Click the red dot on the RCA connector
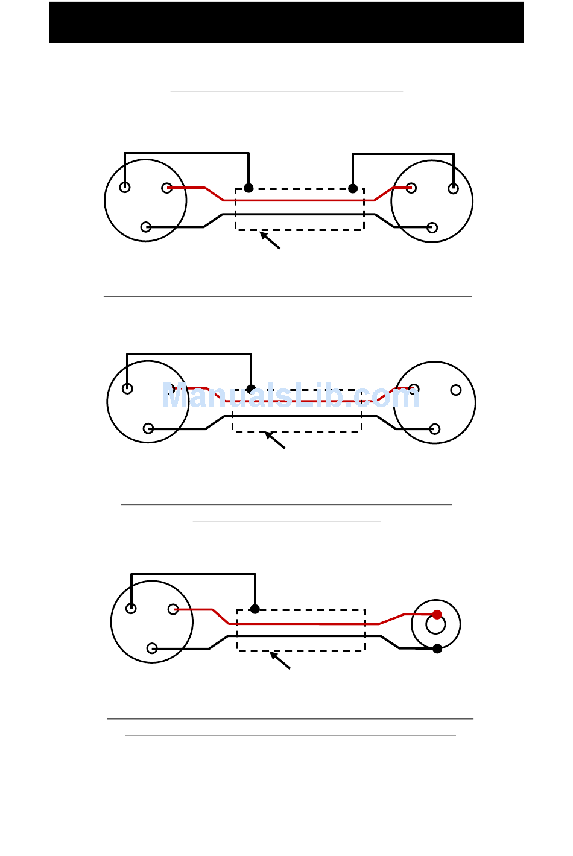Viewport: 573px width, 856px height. (437, 615)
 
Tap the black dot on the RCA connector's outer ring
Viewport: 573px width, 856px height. (437, 648)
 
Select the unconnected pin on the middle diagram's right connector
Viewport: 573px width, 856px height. (456, 390)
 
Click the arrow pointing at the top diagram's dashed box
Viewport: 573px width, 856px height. (270, 240)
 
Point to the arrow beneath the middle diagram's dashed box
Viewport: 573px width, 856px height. (275, 440)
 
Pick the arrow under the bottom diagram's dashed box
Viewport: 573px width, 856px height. (280, 660)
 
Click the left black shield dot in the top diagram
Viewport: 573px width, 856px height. (249, 188)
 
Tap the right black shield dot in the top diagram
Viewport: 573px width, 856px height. (353, 188)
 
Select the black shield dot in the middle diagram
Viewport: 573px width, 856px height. (251, 389)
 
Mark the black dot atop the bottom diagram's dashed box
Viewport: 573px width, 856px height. (255, 609)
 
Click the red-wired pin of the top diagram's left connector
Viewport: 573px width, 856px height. (166, 188)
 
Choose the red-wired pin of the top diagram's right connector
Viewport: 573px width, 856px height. (411, 188)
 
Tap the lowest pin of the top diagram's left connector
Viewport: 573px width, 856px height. (145, 227)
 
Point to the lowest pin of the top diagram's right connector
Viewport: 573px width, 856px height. (432, 227)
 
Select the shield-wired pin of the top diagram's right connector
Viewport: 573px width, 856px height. (453, 189)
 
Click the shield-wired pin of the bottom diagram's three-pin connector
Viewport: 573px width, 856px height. (131, 609)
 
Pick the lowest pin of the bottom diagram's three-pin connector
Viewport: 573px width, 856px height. (152, 648)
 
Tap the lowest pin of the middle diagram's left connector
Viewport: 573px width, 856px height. (148, 429)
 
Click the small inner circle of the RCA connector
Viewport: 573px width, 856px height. (435, 625)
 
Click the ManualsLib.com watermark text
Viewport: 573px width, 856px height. (290, 396)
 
